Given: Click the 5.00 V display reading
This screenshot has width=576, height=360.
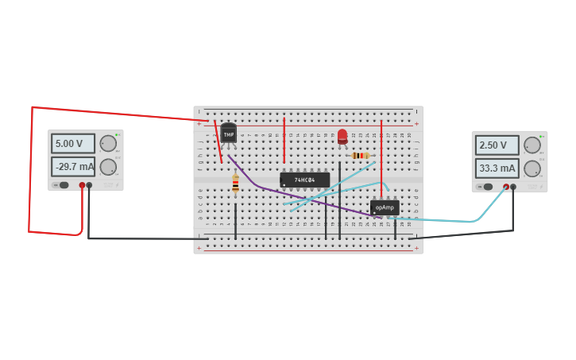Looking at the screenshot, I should pos(72,144).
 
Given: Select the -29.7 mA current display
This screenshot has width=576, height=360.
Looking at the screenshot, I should pos(72,167).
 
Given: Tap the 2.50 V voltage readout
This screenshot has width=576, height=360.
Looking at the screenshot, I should pos(497,145).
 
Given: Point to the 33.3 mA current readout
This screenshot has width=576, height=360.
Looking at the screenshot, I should pos(497,168).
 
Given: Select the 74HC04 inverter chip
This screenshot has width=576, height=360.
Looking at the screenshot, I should pos(305,180).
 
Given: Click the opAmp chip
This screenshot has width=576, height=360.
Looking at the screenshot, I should pos(385,207).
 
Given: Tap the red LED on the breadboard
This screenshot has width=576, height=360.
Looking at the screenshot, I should pos(342,137).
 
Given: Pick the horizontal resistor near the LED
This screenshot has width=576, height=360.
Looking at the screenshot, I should pos(360,156).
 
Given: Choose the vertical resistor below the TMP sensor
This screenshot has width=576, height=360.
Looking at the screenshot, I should pos(235,184).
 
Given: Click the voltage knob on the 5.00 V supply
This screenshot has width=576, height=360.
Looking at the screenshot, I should pos(108,143).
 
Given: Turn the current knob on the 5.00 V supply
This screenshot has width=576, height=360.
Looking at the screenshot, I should pos(108,166).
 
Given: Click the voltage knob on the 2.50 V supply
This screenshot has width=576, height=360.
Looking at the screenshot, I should pos(532,145).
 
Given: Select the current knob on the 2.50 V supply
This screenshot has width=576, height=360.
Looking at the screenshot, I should pos(532,168).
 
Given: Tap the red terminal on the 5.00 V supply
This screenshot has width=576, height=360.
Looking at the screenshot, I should pos(82,185).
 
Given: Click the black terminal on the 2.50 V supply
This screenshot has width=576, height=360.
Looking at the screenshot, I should pos(513,187).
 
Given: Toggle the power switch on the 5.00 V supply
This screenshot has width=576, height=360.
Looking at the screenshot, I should pos(62,185).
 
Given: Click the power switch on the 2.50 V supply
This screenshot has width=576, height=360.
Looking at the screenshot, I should pos(486,187).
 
